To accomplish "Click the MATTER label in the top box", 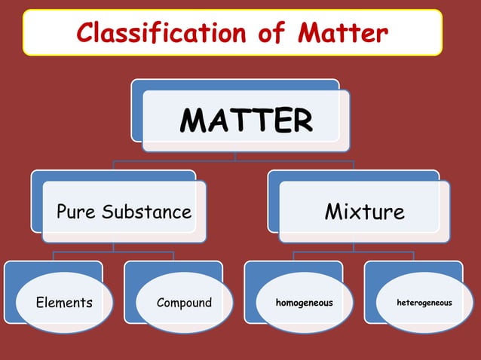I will point(247,121).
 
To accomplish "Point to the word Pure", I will point(77,212).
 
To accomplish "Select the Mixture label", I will point(364,212).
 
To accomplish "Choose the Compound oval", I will point(185,304).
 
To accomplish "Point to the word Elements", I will point(64,304).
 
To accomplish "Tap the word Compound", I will point(185,304).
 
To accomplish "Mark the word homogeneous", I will point(305,303).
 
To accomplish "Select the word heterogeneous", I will point(424,303).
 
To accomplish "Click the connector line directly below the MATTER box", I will point(234,156).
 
